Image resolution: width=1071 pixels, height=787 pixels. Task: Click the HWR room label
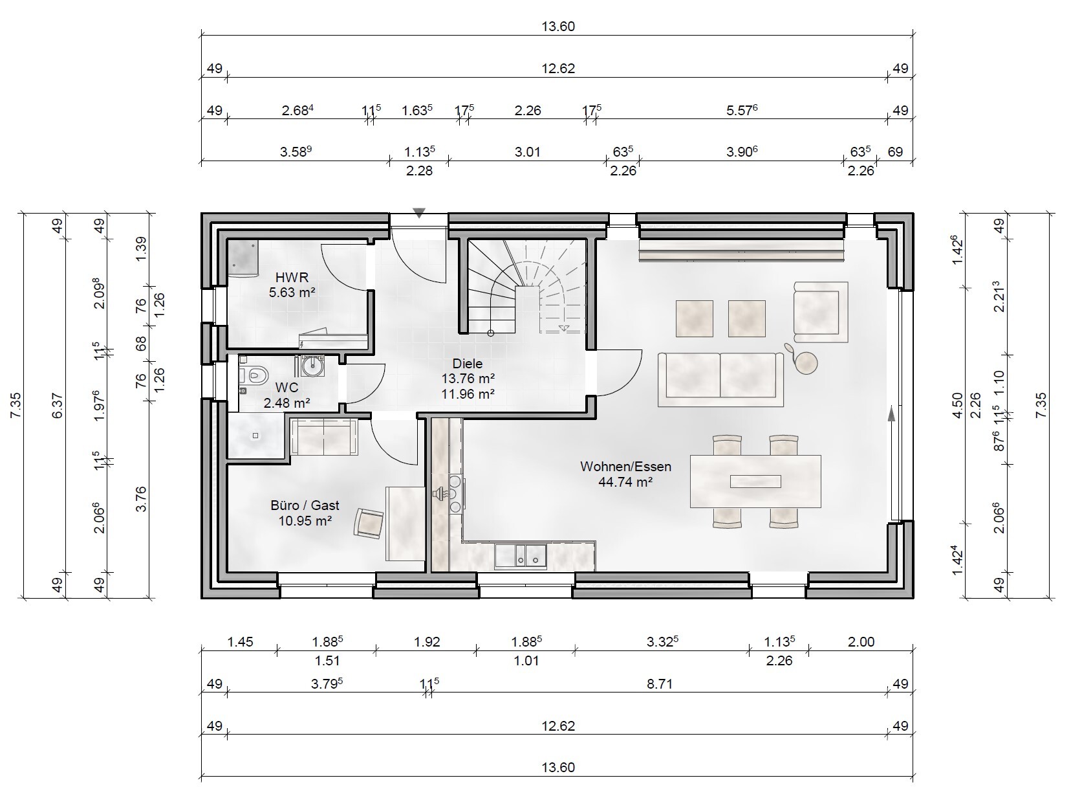pyautogui.click(x=292, y=278)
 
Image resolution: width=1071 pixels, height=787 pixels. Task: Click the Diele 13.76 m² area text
pyautogui.click(x=468, y=378)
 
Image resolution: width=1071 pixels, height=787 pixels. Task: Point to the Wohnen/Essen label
pyautogui.click(x=625, y=466)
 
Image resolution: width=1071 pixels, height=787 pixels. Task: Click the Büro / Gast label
pyautogui.click(x=305, y=505)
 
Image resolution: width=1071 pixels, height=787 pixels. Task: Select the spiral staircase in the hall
pyautogui.click(x=526, y=285)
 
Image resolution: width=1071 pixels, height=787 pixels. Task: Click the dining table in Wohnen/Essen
pyautogui.click(x=755, y=481)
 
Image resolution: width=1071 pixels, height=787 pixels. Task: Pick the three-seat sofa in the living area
pyautogui.click(x=720, y=379)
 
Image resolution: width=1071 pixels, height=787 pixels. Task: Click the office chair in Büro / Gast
pyautogui.click(x=369, y=522)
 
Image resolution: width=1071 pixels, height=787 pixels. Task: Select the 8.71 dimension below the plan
pyautogui.click(x=660, y=684)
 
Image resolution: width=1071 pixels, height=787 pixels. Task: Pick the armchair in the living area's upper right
pyautogui.click(x=820, y=311)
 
